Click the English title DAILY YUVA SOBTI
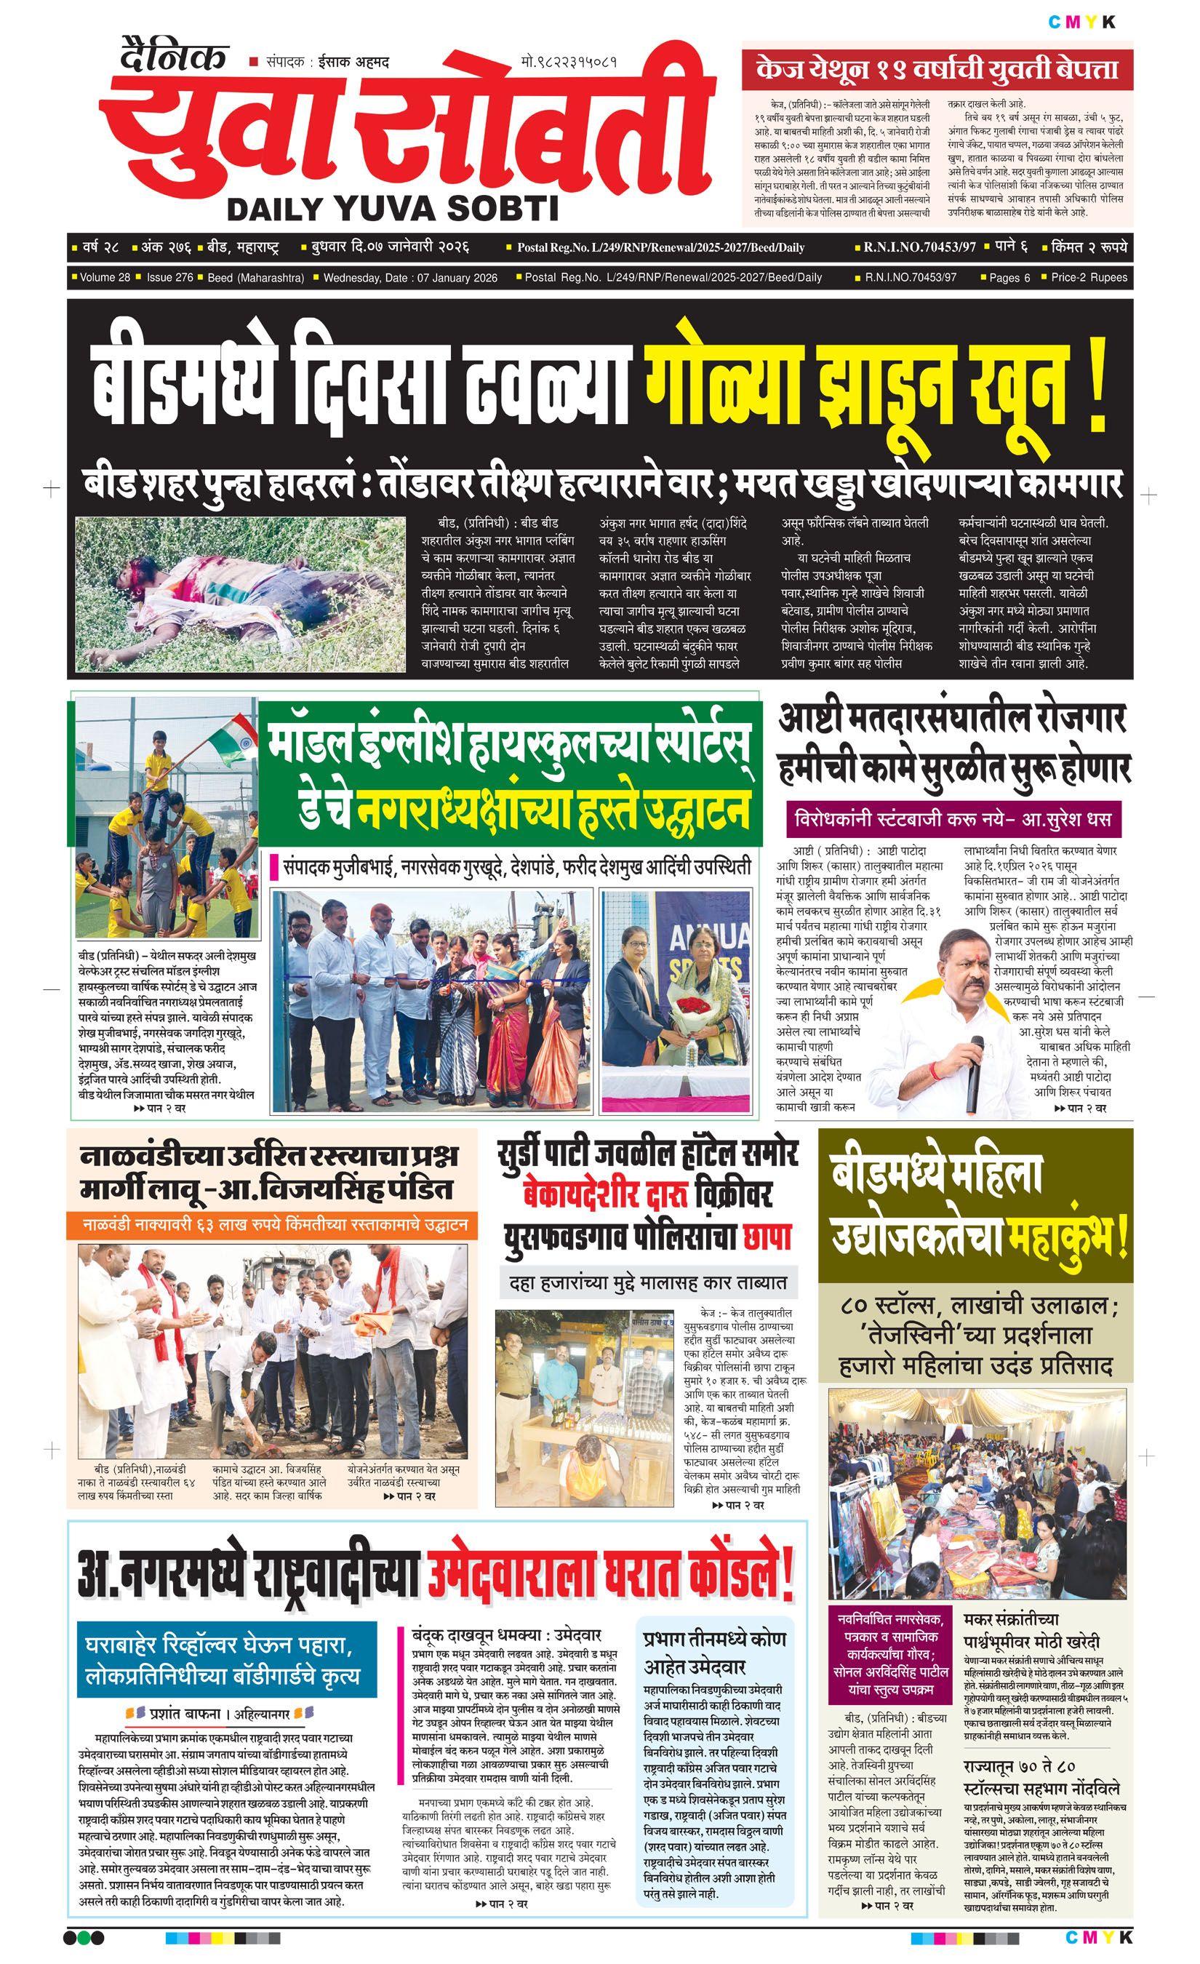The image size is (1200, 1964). pyautogui.click(x=393, y=209)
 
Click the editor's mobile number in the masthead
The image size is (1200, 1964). pyautogui.click(x=569, y=61)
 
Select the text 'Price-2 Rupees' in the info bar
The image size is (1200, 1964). pyautogui.click(x=1089, y=277)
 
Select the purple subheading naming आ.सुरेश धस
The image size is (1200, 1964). pyautogui.click(x=952, y=818)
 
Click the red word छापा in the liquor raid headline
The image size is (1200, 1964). pyautogui.click(x=767, y=1237)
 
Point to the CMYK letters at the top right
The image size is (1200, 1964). pyautogui.click(x=1081, y=23)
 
